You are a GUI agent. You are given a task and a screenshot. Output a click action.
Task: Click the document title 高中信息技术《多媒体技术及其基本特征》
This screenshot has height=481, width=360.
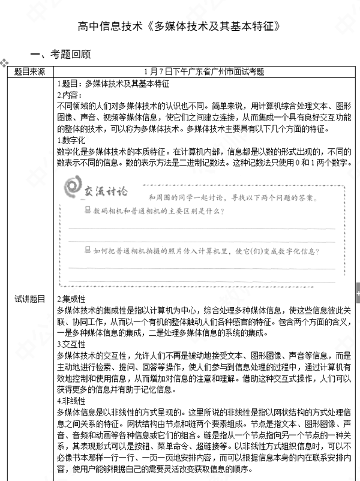(179, 26)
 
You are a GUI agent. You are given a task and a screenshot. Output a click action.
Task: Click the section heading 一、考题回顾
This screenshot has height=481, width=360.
(64, 55)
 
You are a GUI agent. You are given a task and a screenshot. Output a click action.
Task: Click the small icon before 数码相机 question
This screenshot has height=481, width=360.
(88, 211)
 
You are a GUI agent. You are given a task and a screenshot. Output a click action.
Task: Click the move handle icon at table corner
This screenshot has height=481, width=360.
(4, 62)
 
